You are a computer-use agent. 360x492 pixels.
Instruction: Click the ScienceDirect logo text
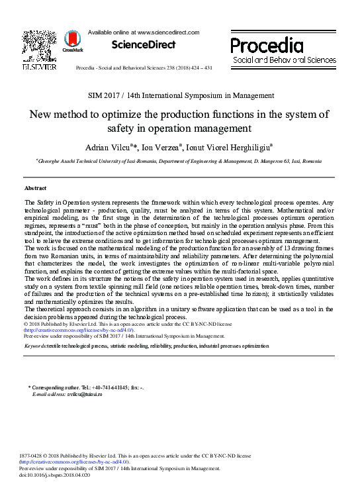click(144, 44)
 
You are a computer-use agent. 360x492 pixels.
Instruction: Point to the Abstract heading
click(35, 188)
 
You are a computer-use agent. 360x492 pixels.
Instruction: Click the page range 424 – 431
click(198, 68)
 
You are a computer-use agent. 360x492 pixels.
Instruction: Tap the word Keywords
click(35, 346)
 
